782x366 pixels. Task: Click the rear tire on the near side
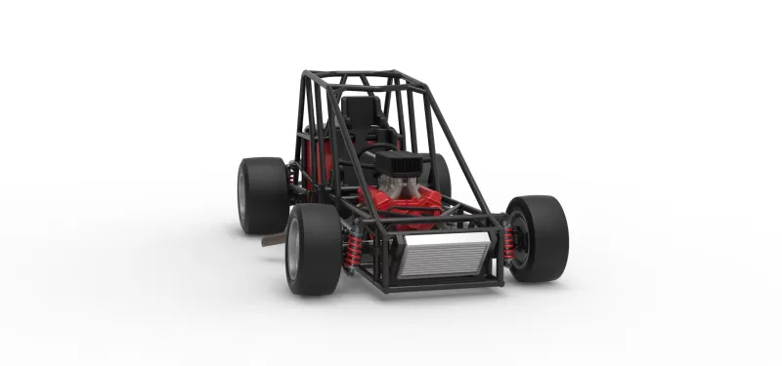pos(261,195)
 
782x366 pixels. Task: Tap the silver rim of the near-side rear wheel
pos(242,196)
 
